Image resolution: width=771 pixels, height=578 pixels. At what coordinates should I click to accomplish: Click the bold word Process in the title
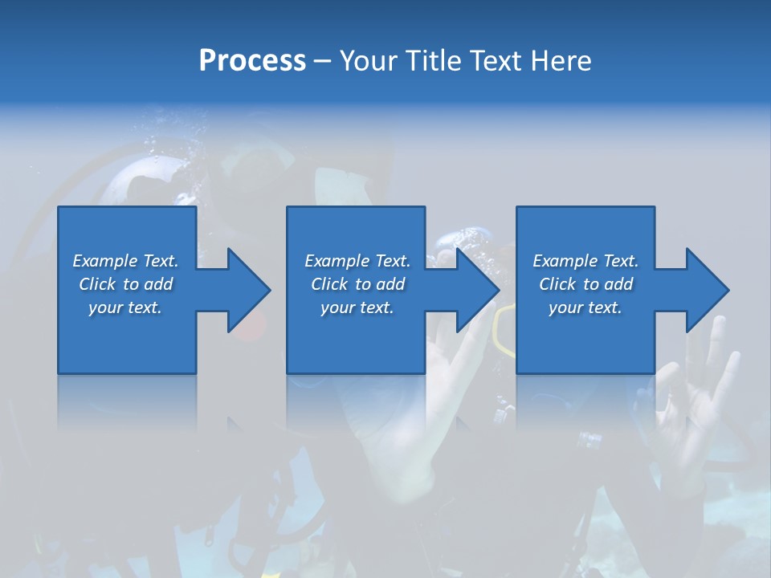point(252,61)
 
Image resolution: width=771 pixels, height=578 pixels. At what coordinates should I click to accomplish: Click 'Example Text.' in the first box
point(126,261)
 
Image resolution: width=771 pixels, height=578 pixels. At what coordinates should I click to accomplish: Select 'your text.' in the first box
point(126,307)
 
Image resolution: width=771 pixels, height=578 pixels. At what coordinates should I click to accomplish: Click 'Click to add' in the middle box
point(357,284)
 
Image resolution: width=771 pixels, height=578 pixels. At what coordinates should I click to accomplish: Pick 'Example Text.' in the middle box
point(357,261)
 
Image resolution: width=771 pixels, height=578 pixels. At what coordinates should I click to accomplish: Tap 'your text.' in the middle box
point(357,307)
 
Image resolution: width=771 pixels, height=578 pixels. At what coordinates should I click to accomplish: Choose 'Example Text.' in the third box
point(585,261)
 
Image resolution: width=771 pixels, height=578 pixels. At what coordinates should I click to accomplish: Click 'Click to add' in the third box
point(585,284)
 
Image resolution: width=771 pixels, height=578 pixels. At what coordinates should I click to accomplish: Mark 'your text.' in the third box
point(585,307)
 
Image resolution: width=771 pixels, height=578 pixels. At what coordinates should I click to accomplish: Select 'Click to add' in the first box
point(126,284)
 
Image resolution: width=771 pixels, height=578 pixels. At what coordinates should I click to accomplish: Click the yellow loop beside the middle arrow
point(504,329)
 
